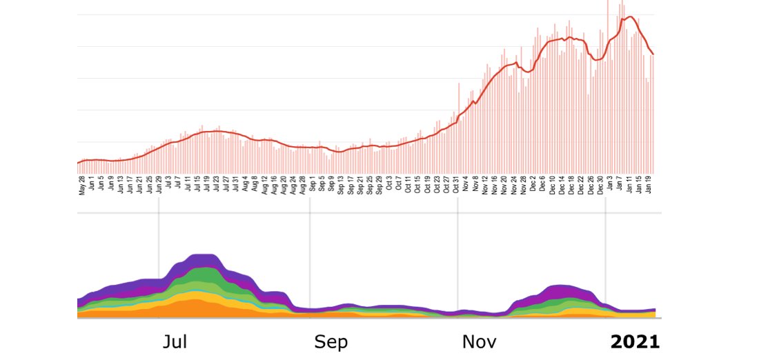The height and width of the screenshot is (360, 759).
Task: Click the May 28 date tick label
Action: click(81, 186)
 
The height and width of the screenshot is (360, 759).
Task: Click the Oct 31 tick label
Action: click(456, 186)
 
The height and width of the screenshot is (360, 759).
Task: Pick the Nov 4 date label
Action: click(466, 184)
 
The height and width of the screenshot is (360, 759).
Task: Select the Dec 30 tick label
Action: click(600, 186)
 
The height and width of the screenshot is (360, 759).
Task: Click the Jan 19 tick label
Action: click(649, 186)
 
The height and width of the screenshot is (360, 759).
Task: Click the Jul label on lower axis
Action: click(175, 342)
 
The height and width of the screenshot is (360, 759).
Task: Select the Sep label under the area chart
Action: click(331, 342)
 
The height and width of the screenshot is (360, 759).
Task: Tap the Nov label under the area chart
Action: click(479, 342)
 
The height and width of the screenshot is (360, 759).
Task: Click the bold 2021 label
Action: click(634, 342)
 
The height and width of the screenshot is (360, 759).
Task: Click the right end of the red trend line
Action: click(653, 54)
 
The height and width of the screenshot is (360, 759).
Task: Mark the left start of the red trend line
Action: click(78, 163)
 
